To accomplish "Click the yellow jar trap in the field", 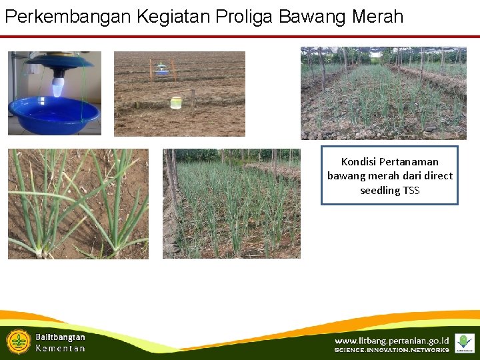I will (x=176, y=102).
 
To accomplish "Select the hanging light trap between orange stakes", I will (x=161, y=69).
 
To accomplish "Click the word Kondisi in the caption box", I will (x=358, y=161).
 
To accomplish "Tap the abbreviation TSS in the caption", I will (x=411, y=191).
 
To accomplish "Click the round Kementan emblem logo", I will (x=19, y=341).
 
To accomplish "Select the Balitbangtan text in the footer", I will (x=60, y=337).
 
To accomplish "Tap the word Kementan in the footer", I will (x=60, y=349).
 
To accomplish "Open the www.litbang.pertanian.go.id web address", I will (x=392, y=341).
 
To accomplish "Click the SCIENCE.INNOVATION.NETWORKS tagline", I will (x=392, y=350).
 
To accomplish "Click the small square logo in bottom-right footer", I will (x=464, y=343).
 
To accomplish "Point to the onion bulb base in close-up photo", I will (x=41, y=252).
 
